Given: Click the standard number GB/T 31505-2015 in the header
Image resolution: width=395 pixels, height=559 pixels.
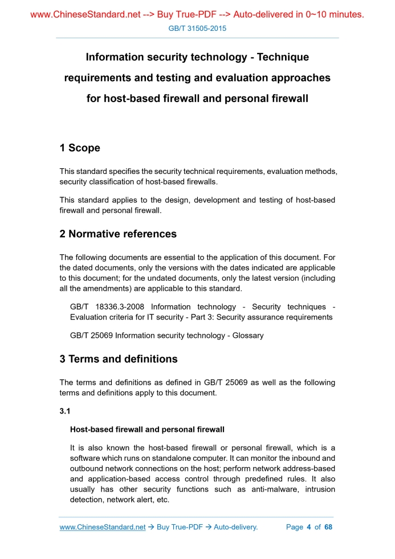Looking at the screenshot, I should tap(197, 28).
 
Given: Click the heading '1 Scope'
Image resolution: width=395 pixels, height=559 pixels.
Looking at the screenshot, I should tap(80, 148).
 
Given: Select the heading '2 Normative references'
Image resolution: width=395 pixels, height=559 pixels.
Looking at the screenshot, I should tap(118, 234).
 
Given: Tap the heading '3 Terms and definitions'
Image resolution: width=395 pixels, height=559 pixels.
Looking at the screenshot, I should tap(119, 359).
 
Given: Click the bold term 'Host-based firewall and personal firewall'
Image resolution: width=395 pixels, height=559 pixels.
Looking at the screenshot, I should tap(147, 429).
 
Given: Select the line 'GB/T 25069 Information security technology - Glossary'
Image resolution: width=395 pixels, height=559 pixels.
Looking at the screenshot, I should tap(166, 335).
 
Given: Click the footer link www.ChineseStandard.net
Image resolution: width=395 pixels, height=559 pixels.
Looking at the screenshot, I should tap(103, 527).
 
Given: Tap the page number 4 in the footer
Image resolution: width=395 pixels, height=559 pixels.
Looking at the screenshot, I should tap(308, 527).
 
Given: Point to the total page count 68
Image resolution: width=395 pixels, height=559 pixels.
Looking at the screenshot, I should tap(328, 527).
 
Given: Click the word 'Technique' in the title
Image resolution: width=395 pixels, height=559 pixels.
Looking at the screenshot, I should tap(283, 58).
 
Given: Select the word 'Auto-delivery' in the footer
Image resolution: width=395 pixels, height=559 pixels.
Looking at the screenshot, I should tap(235, 527).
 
